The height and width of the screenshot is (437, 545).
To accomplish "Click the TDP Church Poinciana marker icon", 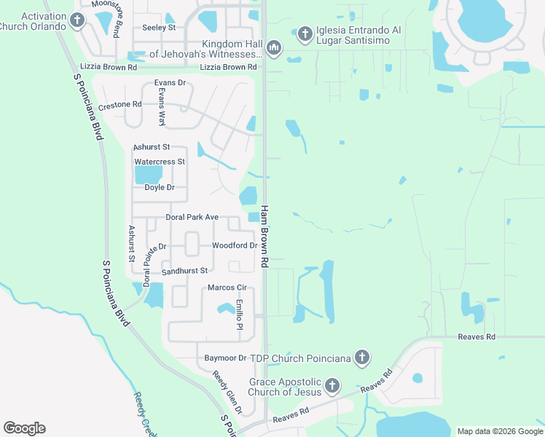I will (362, 358).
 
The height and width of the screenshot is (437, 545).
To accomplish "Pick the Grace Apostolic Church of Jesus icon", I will (332, 385).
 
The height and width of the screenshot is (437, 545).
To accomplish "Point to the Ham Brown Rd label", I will (265, 235).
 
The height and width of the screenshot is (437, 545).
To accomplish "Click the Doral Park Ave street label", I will (192, 217).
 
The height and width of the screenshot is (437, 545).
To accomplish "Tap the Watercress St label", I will (159, 162).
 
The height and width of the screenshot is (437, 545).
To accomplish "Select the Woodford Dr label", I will (234, 245).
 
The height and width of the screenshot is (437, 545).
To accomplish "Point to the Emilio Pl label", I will (239, 315).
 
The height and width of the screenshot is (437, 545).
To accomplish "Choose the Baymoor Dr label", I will (225, 358).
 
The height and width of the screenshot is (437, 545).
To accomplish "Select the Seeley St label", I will (159, 28).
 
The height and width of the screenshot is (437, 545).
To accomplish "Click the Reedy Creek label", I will (143, 412).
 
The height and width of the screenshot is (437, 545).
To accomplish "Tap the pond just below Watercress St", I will (148, 175).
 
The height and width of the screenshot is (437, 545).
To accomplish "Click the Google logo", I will (24, 428).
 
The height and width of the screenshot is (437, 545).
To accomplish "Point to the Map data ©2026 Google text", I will (500, 431).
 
